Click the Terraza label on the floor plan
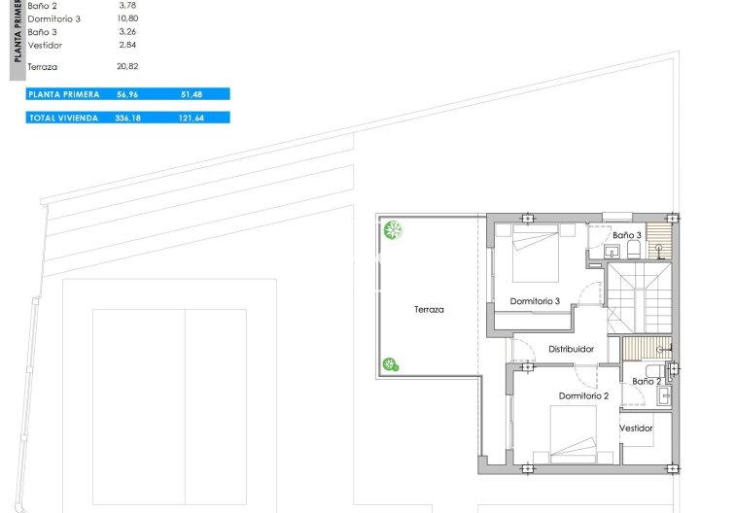pos(429,310)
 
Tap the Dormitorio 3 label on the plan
pos(535,301)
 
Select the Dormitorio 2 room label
pos(583,395)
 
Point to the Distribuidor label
pos(571,349)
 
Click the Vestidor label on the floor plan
pos(636,428)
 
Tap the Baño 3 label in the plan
pos(627,235)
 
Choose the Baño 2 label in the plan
pos(647,382)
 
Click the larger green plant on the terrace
pos(393,230)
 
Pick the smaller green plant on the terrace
pos(391,364)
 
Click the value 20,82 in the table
pos(127,66)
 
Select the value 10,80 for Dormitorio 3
pos(127,18)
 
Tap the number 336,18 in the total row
pos(127,119)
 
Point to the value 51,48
pos(192,94)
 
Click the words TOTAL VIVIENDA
pos(64,119)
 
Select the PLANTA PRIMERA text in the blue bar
pos(64,94)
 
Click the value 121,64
pos(192,119)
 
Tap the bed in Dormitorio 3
pos(536,253)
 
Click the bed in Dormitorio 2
pos(574,434)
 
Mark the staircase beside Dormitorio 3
pos(640,298)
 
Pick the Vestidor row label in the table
pos(45,46)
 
